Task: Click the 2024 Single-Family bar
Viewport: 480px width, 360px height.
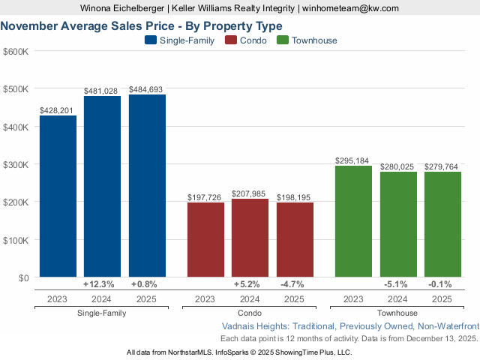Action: [x=102, y=187]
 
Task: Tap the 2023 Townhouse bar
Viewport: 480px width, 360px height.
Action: [x=353, y=221]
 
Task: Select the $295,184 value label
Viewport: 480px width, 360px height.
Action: [x=353, y=161]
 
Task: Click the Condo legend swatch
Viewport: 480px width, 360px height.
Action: [x=231, y=40]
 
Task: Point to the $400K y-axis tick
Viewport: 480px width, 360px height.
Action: [x=16, y=127]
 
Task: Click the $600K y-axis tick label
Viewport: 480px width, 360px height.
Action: [x=16, y=51]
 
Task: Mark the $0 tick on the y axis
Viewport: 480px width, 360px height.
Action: [x=22, y=277]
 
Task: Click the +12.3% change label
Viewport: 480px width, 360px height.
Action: [x=99, y=285]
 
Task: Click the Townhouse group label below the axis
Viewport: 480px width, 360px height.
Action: [x=397, y=313]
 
